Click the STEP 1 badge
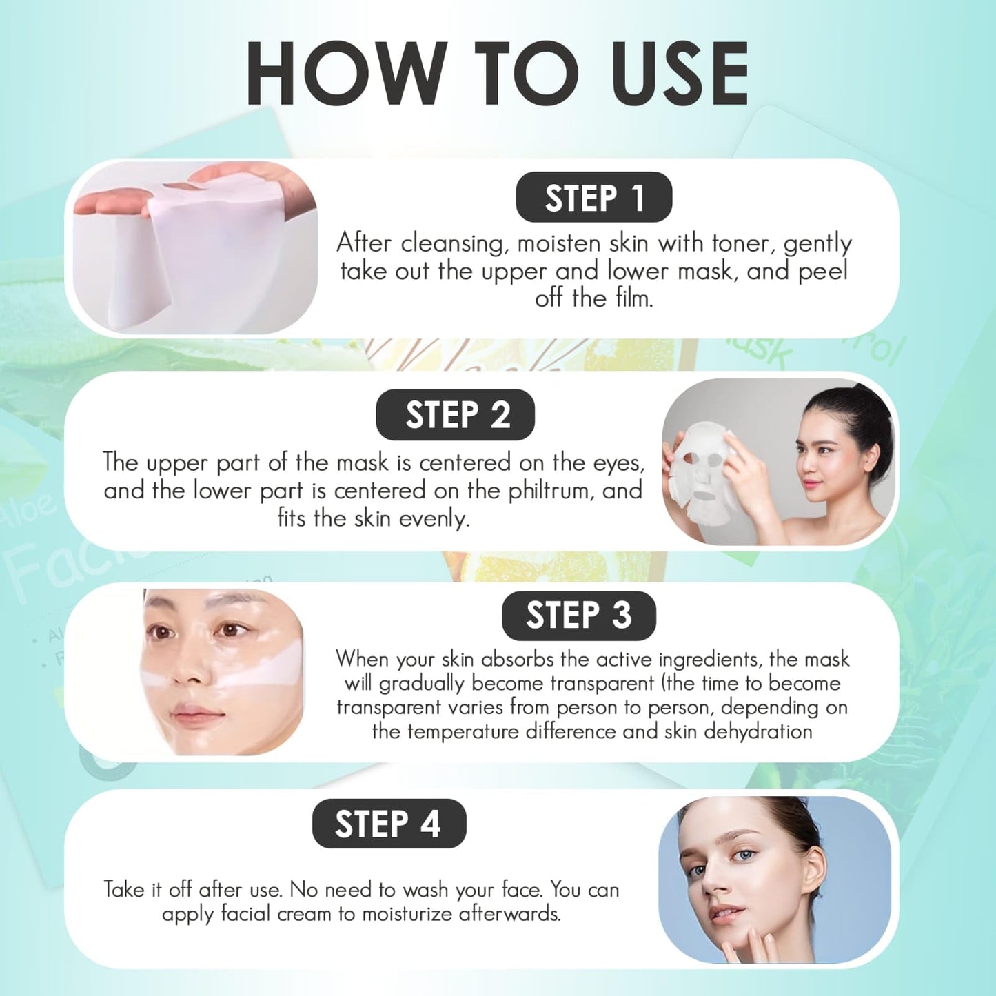(593, 198)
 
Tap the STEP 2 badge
(455, 415)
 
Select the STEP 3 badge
(578, 616)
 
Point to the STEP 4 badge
(389, 824)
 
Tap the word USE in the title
(680, 74)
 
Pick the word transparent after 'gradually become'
(598, 683)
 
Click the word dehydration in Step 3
(758, 731)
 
